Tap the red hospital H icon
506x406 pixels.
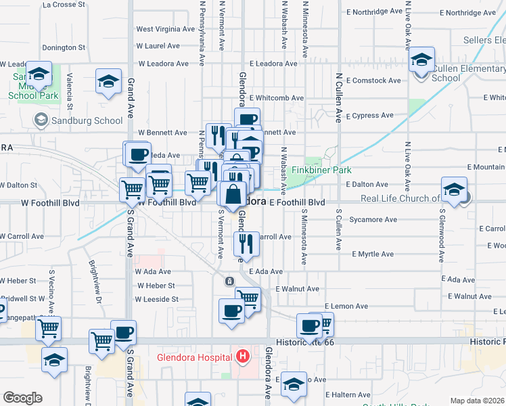pyautogui.click(x=243, y=355)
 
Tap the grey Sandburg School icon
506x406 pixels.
pyautogui.click(x=41, y=120)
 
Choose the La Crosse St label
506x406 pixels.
pyautogui.click(x=64, y=4)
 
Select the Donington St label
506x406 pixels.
pyautogui.click(x=64, y=48)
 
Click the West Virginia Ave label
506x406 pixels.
pyautogui.click(x=166, y=29)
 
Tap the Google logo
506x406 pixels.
pyautogui.click(x=22, y=398)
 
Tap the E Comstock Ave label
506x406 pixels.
pyautogui.click(x=373, y=81)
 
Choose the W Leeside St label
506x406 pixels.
pyautogui.click(x=157, y=299)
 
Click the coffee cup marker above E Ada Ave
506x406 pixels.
pyautogui.click(x=231, y=311)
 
